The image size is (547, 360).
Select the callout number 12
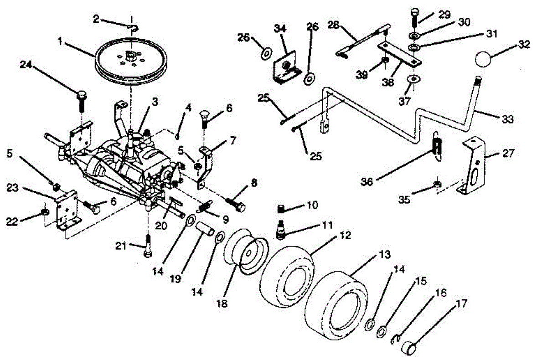[x=345, y=236]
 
